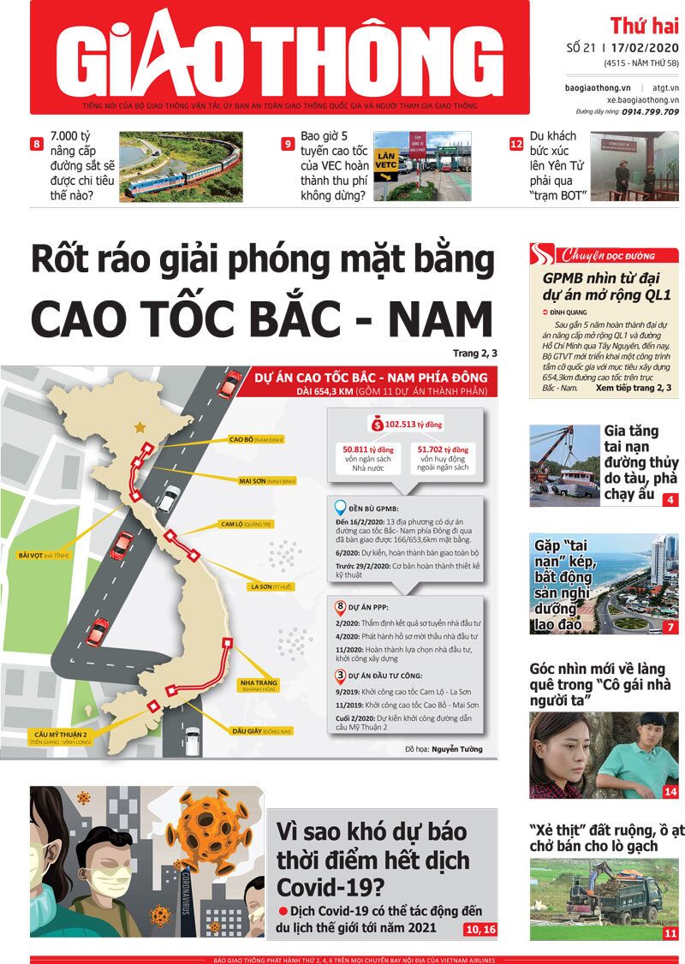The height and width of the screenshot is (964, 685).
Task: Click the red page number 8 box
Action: tap(37, 144)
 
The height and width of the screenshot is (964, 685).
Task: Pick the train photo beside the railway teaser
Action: tap(181, 166)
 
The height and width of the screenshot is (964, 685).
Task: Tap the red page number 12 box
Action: tap(516, 144)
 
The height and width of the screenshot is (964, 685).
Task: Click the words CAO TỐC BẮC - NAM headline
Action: tap(262, 318)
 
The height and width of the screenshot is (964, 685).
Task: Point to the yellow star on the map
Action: tap(138, 425)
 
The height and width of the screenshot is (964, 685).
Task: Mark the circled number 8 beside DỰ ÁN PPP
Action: tap(341, 606)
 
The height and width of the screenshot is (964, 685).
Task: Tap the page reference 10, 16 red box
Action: tap(479, 929)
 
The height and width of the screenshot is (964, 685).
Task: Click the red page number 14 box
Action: tap(670, 792)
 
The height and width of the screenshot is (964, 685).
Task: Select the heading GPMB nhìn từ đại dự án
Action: tap(606, 286)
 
